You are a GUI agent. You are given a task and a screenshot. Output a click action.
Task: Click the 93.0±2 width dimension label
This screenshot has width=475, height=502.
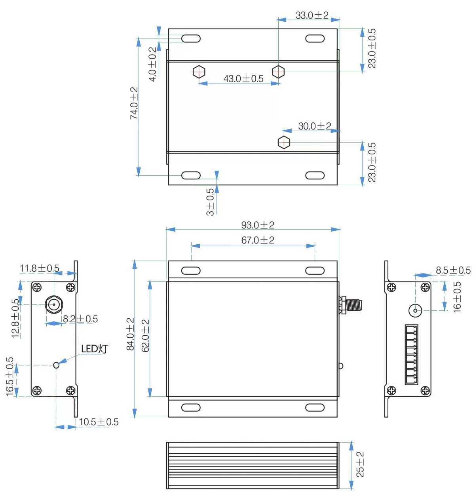[258, 225]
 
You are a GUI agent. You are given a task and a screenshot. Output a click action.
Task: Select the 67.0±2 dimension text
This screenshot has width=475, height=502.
[258, 240]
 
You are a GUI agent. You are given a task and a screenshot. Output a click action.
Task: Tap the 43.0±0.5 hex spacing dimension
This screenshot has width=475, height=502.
[243, 78]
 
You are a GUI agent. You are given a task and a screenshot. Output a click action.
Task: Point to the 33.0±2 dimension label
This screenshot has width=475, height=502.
[312, 15]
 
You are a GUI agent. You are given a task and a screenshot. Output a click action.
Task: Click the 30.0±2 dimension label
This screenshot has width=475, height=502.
[314, 126]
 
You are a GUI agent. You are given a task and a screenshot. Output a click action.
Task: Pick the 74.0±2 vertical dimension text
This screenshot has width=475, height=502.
[134, 103]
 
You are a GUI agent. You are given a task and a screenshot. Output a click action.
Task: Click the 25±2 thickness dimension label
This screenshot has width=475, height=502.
[360, 464]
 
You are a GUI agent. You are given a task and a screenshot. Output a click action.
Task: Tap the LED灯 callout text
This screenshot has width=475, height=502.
[94, 349]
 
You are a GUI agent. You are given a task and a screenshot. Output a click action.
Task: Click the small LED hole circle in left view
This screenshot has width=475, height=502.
[56, 365]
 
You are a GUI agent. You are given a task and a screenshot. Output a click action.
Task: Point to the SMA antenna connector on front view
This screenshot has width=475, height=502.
[351, 305]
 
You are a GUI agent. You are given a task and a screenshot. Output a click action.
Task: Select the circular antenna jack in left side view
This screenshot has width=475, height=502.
[54, 304]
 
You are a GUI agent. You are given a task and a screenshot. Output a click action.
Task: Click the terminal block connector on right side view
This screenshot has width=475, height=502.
[411, 354]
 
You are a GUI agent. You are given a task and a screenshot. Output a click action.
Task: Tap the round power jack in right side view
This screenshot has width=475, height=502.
[415, 310]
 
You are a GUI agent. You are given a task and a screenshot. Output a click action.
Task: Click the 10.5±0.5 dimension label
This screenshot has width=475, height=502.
[99, 422]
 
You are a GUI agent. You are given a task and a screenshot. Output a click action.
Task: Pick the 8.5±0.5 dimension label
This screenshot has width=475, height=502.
[453, 270]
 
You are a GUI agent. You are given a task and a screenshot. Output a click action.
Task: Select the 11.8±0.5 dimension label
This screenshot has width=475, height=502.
[40, 268]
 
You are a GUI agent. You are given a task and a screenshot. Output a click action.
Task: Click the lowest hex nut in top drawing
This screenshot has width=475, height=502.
[284, 142]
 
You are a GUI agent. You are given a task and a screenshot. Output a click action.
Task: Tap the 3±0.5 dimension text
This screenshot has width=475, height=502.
[210, 202]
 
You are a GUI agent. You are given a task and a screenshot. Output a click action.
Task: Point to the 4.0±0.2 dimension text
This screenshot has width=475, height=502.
[152, 64]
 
